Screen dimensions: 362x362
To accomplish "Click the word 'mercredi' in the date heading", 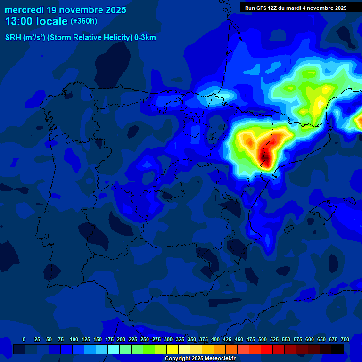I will (x=24, y=10).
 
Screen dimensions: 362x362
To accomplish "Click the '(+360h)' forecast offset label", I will (x=83, y=21).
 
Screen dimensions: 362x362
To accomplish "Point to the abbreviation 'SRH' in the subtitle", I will (x=13, y=38).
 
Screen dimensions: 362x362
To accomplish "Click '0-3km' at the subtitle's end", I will (x=145, y=38).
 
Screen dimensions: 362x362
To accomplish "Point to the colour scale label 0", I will (x=24, y=339).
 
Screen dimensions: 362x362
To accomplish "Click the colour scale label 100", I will (x=74, y=339).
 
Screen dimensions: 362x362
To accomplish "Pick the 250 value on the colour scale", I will (x=144, y=339).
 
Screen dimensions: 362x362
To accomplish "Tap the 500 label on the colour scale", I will (x=262, y=339).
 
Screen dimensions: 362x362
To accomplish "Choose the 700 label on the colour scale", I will (x=345, y=339).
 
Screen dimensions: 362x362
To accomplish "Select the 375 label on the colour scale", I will (x=203, y=339).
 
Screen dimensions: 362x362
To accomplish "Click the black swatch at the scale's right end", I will (x=337, y=349).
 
